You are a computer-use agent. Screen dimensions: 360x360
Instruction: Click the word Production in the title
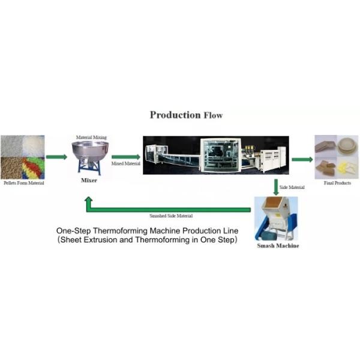[x=175, y=115]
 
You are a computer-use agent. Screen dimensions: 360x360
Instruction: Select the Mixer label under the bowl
[x=89, y=179]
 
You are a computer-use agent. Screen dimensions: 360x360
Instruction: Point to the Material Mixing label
[x=91, y=137]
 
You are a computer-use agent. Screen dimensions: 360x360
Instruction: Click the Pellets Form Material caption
[x=22, y=183]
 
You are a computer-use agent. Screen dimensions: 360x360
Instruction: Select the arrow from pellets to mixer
[x=56, y=157]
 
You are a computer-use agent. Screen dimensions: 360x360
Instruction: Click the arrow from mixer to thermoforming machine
[x=122, y=157]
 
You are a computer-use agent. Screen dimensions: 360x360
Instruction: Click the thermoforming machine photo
[x=215, y=155]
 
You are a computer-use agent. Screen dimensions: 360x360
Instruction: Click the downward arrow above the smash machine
[x=275, y=186]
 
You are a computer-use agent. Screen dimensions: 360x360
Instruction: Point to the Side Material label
[x=292, y=188]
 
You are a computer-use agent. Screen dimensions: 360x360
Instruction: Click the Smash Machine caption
[x=277, y=246]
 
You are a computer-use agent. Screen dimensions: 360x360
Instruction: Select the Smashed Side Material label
[x=171, y=215]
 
